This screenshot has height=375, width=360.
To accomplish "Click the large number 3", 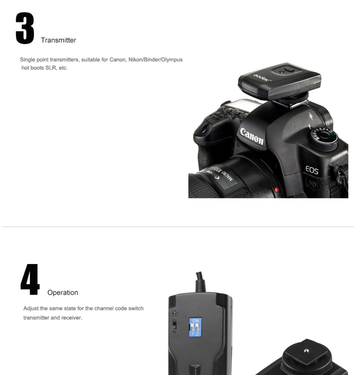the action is click(x=25, y=28).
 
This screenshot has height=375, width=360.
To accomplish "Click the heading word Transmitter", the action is click(x=58, y=40).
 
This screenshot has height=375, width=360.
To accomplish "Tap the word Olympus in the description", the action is click(x=171, y=60).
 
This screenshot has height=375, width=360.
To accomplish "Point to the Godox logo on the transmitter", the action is click(x=262, y=78).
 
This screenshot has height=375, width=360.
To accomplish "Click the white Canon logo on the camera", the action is click(x=252, y=136).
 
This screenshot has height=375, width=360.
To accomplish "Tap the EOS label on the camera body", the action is click(x=312, y=170).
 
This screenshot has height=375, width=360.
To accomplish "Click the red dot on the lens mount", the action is click(x=276, y=190).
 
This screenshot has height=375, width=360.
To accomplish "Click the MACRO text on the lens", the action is click(x=227, y=176).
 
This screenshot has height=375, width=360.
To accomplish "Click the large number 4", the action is click(x=30, y=280).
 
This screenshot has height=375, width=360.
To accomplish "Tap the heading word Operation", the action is click(x=63, y=292).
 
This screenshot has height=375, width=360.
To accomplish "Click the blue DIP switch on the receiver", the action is click(x=195, y=327).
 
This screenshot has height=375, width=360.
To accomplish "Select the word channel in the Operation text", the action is click(x=104, y=308).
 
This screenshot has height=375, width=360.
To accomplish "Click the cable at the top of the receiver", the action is click(x=201, y=282).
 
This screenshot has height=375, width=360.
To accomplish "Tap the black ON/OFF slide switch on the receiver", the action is click(x=175, y=325).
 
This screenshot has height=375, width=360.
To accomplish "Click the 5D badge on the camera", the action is click(x=312, y=184).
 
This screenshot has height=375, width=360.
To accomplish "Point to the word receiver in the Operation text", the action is click(x=72, y=318).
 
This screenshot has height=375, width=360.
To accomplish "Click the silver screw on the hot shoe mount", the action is click(x=306, y=351).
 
